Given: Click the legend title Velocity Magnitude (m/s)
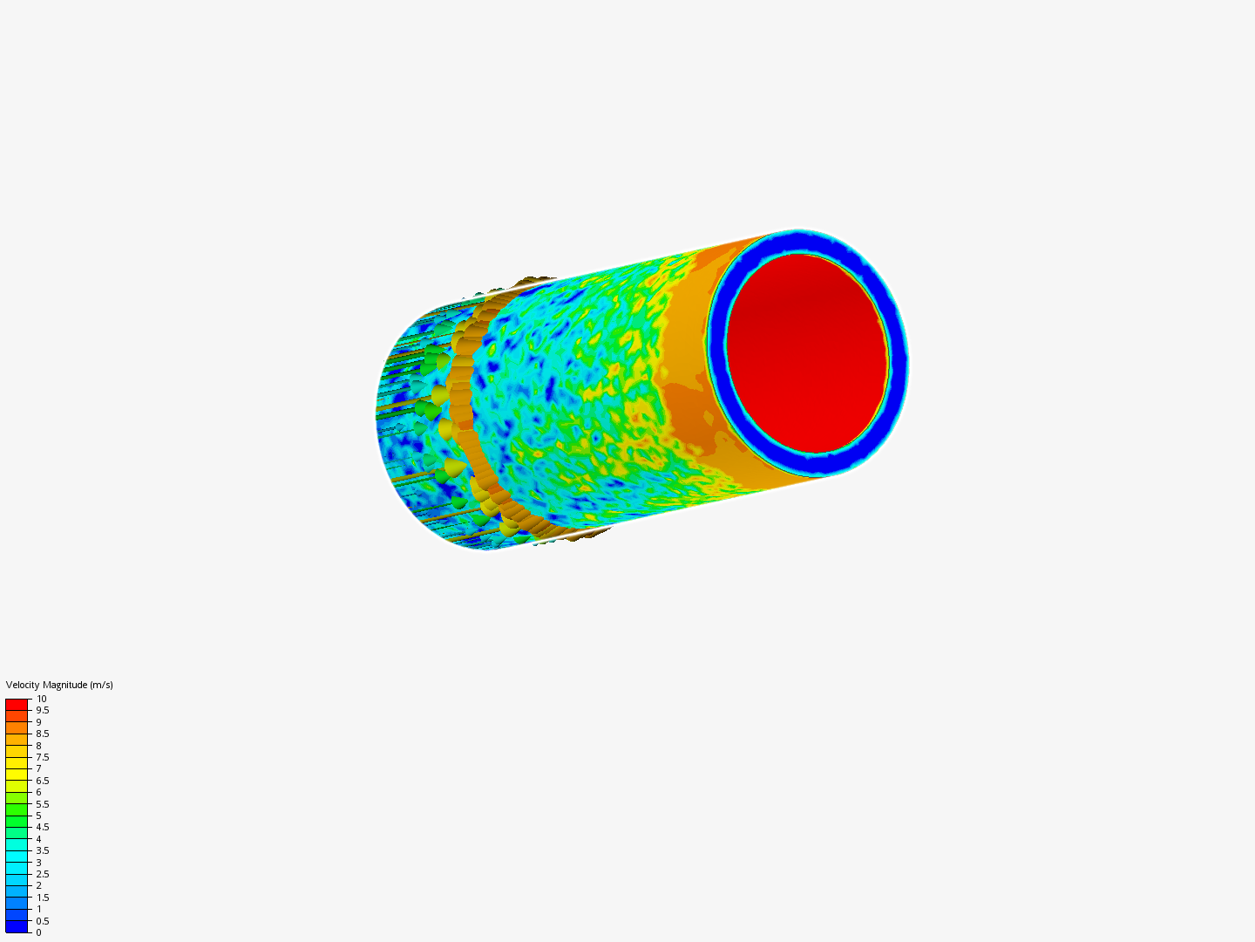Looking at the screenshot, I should coord(59,685).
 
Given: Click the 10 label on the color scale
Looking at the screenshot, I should coord(41,699).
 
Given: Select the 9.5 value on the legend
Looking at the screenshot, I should coord(42,710).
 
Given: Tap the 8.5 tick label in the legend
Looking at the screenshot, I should coord(42,734).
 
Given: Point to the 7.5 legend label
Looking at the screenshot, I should coord(42,757).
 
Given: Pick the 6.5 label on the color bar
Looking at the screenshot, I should coord(42,781).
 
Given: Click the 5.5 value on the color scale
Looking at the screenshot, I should coord(42,804).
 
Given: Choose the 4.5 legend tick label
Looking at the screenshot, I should coord(42,827).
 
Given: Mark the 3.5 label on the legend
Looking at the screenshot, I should coord(42,850).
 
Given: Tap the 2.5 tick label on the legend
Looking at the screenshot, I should coord(42,874).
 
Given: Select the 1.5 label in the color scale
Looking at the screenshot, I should coord(42,898).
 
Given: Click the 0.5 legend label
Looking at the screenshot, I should coord(42,921).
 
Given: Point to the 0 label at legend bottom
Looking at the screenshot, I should coord(38,932).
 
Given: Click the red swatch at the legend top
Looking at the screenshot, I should coord(17,704).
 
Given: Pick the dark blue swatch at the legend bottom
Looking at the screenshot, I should coord(17,926).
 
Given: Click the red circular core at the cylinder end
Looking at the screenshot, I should coord(807,353).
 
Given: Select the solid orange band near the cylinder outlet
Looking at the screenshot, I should coord(689,410).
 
